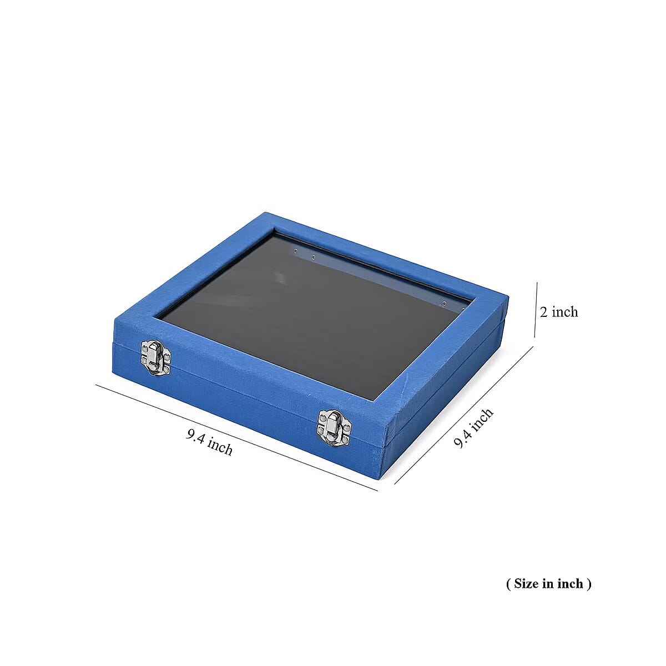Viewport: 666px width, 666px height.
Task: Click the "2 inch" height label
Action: click(559, 312)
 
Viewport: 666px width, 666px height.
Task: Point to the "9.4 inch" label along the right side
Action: click(473, 427)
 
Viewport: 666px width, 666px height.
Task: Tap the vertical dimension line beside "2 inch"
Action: click(536, 310)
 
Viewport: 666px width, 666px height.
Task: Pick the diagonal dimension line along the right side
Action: click(463, 415)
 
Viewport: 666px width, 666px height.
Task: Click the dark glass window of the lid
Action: click(311, 311)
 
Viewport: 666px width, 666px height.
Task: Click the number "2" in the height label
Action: click(544, 312)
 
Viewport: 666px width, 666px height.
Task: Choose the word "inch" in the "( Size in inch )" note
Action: click(571, 583)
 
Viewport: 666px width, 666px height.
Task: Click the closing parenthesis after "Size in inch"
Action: click(589, 584)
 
